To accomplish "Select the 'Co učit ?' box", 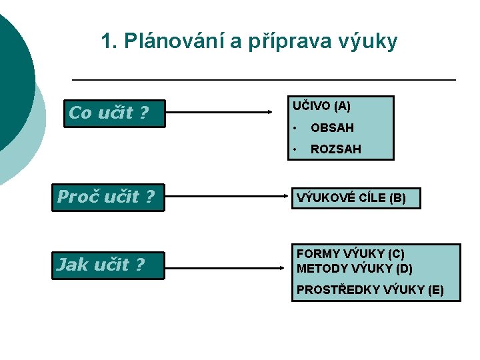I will [115, 113].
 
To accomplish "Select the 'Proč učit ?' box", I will [108, 197].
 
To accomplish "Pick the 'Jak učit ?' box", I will [108, 265].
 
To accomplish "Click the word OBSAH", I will [332, 127].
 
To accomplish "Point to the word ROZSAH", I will [336, 149].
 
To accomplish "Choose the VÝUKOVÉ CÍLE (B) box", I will [356, 198].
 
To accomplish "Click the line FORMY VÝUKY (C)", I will [351, 254].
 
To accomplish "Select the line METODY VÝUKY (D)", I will [355, 269].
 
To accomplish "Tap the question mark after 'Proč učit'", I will [149, 197].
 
